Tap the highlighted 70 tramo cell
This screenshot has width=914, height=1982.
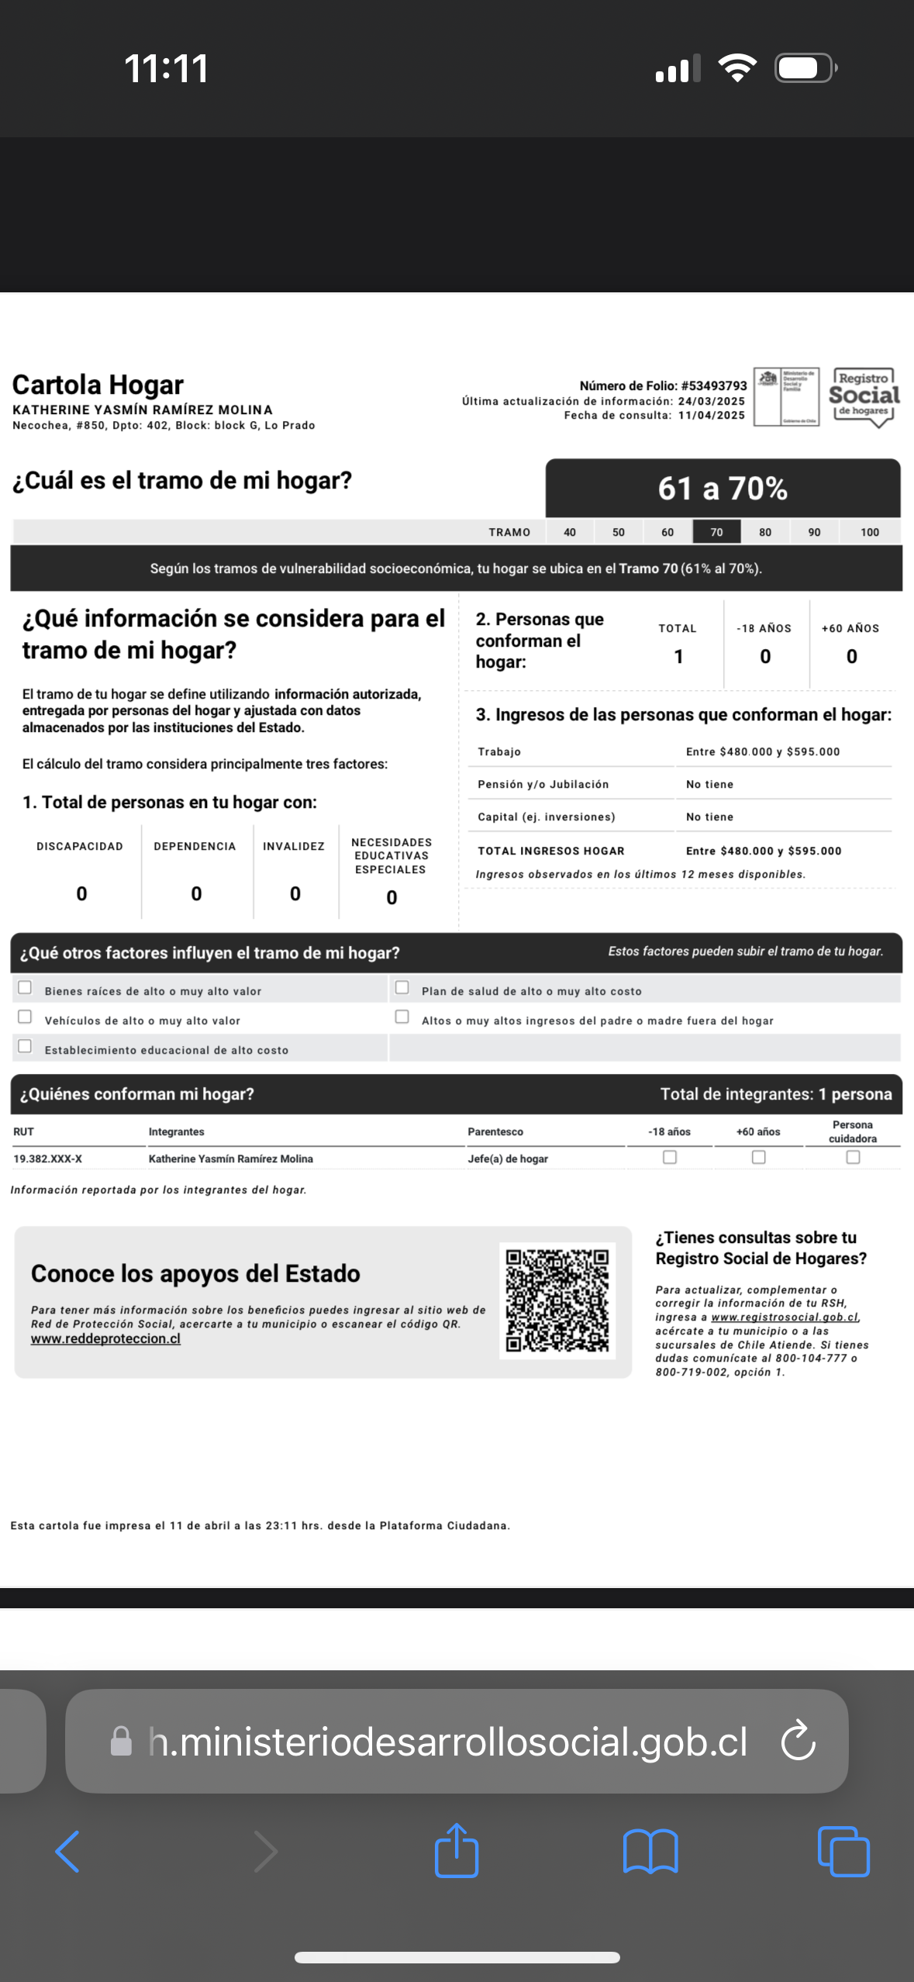pyautogui.click(x=716, y=532)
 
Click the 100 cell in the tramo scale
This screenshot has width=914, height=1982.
pyautogui.click(x=869, y=532)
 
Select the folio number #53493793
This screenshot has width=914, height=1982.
pyautogui.click(x=713, y=385)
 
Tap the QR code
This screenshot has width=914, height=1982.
pyautogui.click(x=557, y=1300)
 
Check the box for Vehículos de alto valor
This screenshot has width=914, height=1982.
pyautogui.click(x=25, y=1017)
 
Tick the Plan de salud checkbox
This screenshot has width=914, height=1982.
pyautogui.click(x=402, y=987)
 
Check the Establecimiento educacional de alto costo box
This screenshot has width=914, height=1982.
pyautogui.click(x=25, y=1046)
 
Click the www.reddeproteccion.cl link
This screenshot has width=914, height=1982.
pyautogui.click(x=105, y=1338)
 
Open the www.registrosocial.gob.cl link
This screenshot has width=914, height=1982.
pyautogui.click(x=785, y=1317)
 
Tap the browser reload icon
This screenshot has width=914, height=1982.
pyautogui.click(x=798, y=1741)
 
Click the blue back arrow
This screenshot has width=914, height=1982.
pyautogui.click(x=67, y=1851)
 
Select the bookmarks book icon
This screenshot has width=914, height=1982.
pyautogui.click(x=650, y=1851)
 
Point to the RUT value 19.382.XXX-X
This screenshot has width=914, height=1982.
pyautogui.click(x=48, y=1158)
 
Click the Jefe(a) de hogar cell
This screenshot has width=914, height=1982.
pyautogui.click(x=508, y=1158)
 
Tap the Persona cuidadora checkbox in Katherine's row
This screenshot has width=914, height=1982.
pyautogui.click(x=853, y=1157)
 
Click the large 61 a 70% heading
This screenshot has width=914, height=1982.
pyautogui.click(x=723, y=489)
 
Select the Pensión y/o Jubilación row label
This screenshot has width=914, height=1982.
pyautogui.click(x=543, y=784)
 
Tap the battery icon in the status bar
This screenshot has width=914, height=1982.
pyautogui.click(x=805, y=68)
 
